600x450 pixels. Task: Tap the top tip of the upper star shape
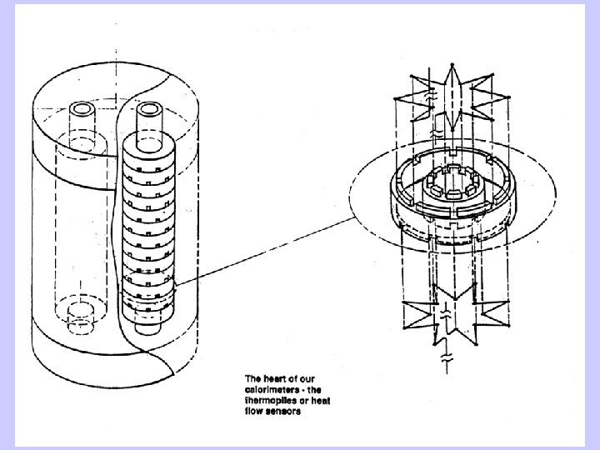pyautogui.click(x=452, y=64)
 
